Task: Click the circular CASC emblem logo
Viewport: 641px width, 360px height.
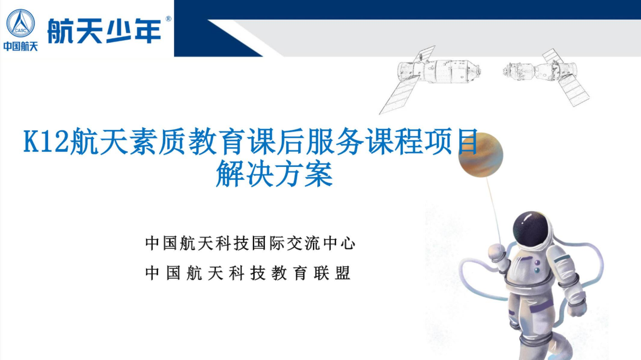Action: (21, 23)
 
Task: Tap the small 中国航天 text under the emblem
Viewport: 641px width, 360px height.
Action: (21, 46)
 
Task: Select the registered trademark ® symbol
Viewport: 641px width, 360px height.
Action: (169, 19)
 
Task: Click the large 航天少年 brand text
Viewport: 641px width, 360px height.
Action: (105, 31)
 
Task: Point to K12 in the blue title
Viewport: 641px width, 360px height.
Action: (46, 141)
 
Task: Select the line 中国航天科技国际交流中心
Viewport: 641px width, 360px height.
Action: (250, 243)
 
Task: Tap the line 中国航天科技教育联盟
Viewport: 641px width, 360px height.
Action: (248, 273)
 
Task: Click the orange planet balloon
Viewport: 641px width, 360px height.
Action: (481, 155)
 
